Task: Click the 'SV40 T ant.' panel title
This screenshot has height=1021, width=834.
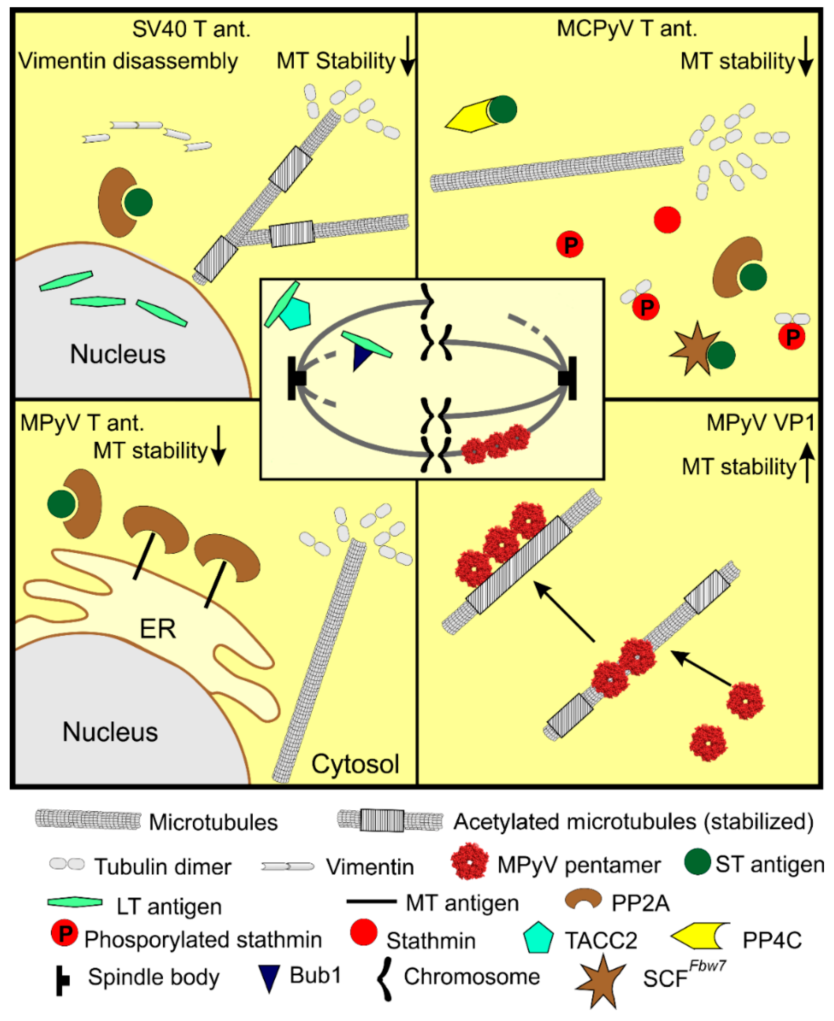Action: coord(191,29)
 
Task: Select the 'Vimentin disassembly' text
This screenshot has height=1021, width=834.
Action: coord(128,61)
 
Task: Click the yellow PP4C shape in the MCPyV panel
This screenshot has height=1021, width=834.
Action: coord(469,116)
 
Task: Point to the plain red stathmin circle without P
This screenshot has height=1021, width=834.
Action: coord(667,220)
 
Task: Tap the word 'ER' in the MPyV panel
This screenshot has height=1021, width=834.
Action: coord(158,629)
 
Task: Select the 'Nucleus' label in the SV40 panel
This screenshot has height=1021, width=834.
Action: coord(118,354)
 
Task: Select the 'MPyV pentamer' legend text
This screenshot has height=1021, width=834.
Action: coord(579,865)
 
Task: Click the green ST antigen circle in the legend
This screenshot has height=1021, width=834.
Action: coord(697,862)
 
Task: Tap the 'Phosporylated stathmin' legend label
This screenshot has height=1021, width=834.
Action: coord(203,940)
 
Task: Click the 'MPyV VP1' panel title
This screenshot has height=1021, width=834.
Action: coord(760,423)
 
